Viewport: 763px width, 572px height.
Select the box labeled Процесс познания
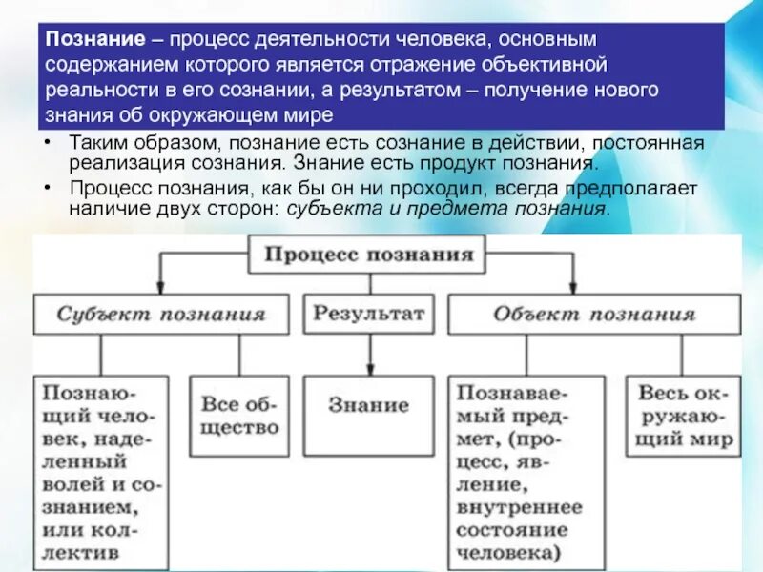[368, 255]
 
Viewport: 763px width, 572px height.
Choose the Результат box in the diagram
[368, 314]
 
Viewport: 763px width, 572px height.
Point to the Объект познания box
[593, 314]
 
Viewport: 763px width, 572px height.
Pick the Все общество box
[238, 416]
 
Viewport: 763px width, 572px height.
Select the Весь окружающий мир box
[683, 417]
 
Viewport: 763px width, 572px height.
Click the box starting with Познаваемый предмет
[525, 471]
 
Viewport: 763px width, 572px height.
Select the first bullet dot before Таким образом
[48, 143]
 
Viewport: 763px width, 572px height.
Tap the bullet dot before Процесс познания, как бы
[48, 189]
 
